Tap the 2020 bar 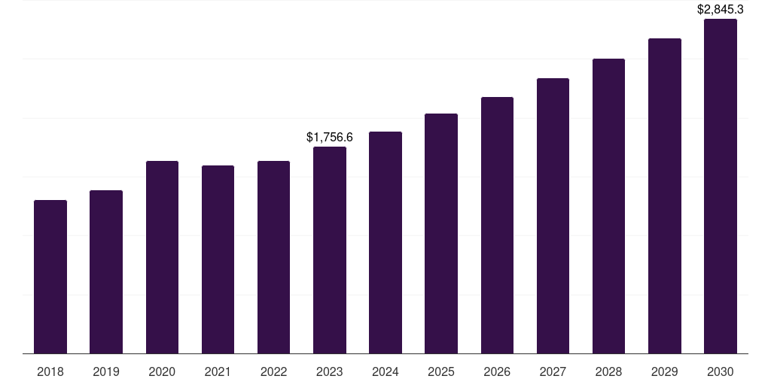tap(162, 257)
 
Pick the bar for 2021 tap(218, 259)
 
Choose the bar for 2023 tap(330, 250)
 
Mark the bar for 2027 tap(553, 216)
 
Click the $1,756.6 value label tap(330, 137)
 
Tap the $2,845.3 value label tap(721, 10)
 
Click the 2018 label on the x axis tap(50, 371)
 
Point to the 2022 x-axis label tap(274, 371)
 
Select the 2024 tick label tap(385, 371)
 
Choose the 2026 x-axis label tap(497, 371)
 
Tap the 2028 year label tap(608, 371)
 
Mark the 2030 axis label tap(721, 371)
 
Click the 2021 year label tap(218, 371)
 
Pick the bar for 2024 tap(385, 242)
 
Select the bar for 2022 tap(274, 257)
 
